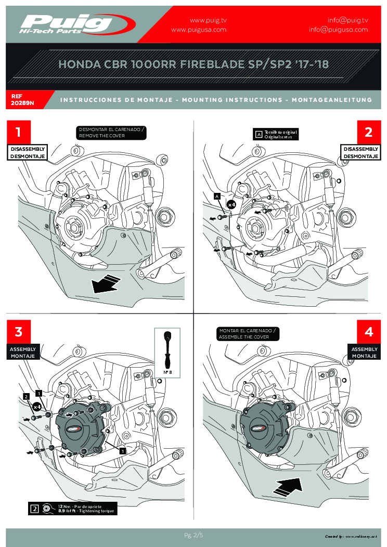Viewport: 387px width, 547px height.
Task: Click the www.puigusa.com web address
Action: point(199,30)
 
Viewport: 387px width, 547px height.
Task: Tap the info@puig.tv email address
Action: point(347,20)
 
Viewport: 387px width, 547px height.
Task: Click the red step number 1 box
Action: point(19,132)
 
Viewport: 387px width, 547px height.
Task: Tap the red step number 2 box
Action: point(369,132)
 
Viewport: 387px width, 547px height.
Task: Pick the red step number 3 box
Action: point(19,332)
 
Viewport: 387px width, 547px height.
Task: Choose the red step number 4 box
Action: point(369,332)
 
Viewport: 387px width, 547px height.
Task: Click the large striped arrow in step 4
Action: point(288,486)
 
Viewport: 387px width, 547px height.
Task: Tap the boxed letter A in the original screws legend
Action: point(259,134)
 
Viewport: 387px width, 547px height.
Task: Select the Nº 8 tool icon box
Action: point(167,354)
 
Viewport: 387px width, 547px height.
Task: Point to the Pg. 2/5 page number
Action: point(193,535)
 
